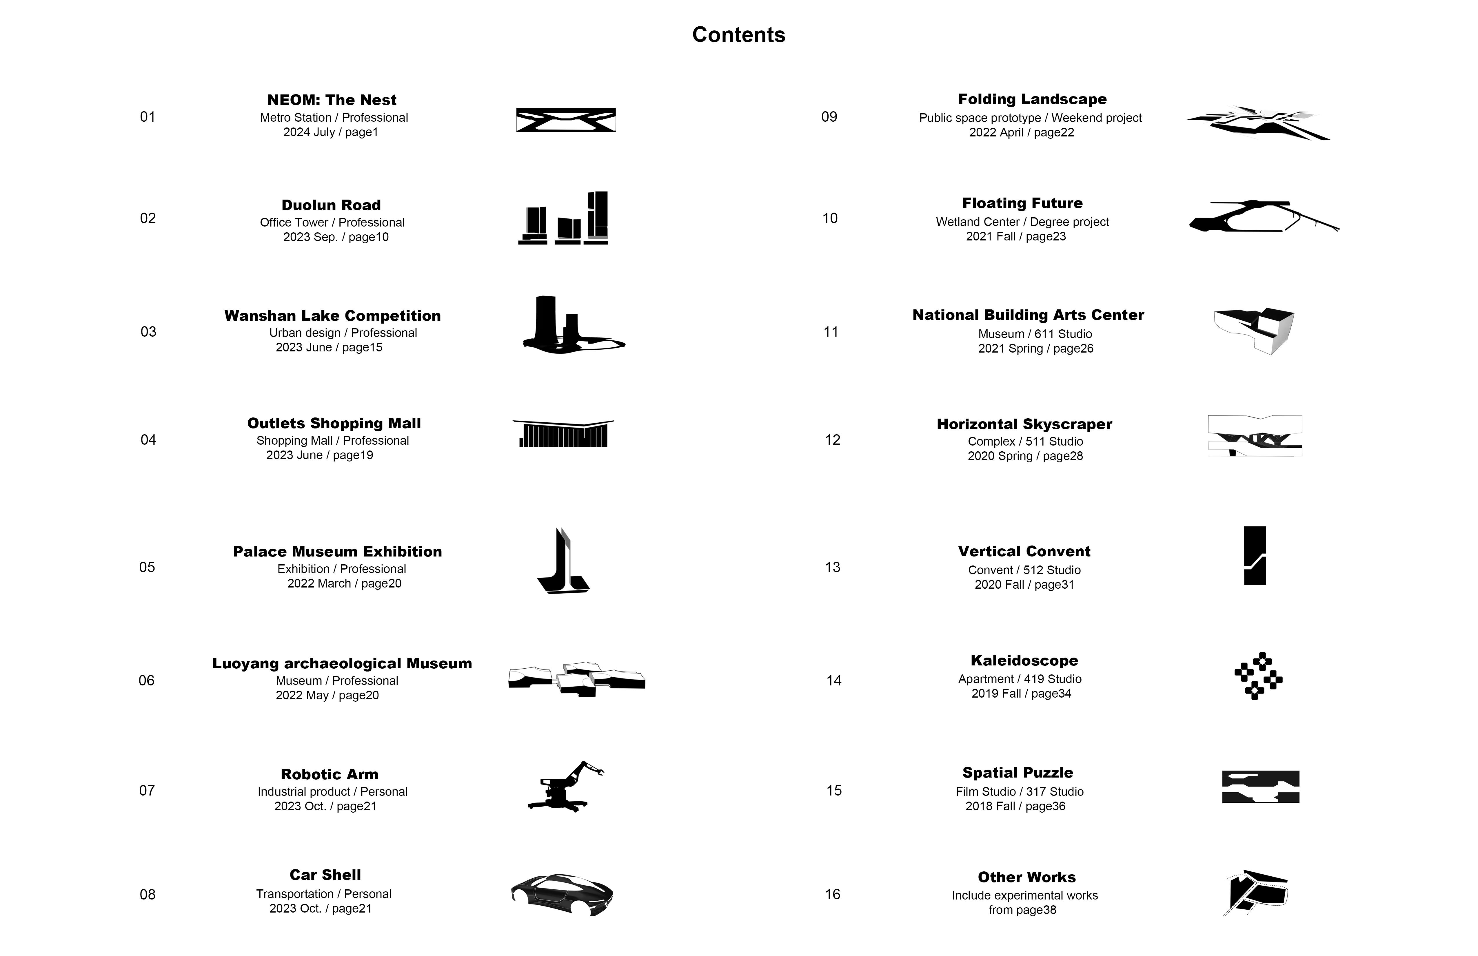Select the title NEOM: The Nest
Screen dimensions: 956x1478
click(x=332, y=100)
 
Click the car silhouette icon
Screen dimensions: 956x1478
click(x=562, y=894)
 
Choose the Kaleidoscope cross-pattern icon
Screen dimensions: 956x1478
click(x=1258, y=676)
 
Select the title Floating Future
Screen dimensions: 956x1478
click(x=1022, y=203)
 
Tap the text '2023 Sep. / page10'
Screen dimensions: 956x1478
click(x=336, y=237)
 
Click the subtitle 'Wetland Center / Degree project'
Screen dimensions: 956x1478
click(x=1022, y=222)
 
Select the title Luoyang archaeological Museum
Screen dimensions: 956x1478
click(x=342, y=664)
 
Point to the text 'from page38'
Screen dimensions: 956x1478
click(x=1022, y=910)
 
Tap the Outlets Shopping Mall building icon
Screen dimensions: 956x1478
click(x=563, y=433)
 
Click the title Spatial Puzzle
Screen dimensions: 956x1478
click(x=1018, y=773)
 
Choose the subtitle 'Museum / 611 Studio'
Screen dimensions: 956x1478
click(x=1035, y=334)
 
